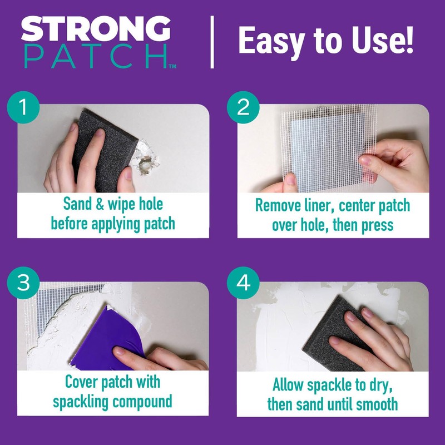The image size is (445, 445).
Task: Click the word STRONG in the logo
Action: click(x=96, y=29)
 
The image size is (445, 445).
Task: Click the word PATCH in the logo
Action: click(x=96, y=56)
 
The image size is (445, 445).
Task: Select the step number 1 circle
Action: click(x=23, y=107)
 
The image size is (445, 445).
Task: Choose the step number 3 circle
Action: click(x=23, y=284)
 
